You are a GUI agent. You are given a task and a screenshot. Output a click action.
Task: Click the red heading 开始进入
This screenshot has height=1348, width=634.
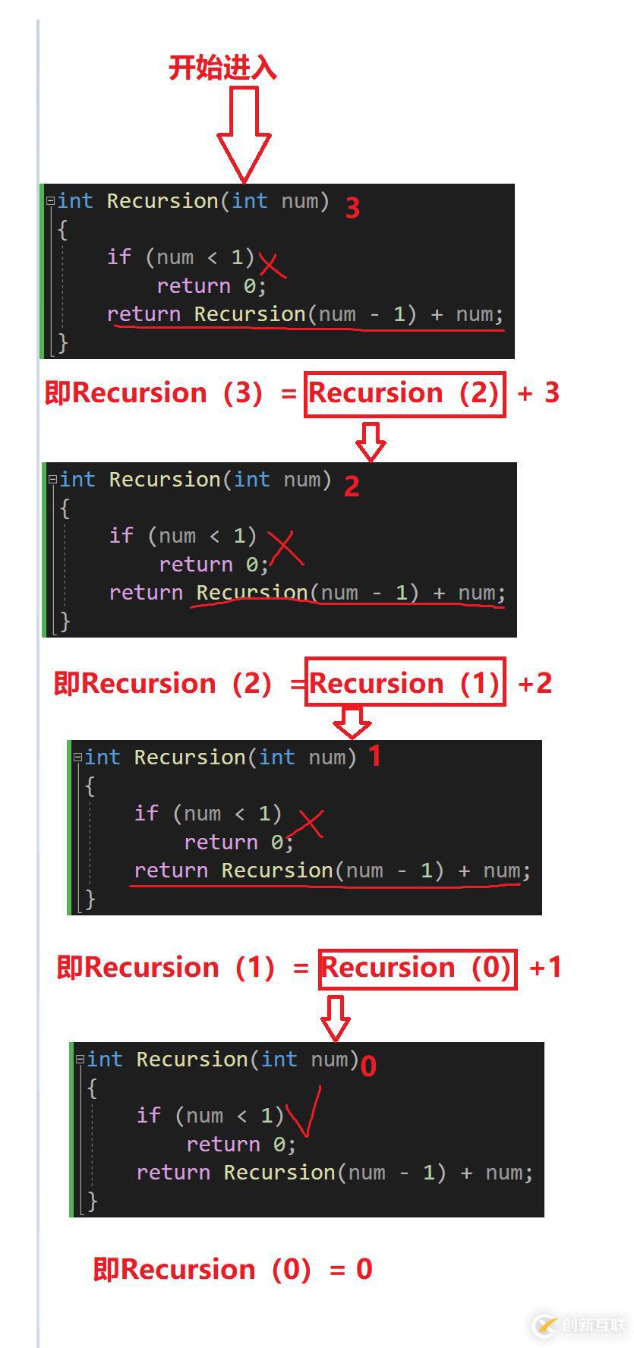(x=222, y=68)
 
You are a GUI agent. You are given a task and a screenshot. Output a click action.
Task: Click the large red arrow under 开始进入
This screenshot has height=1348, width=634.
(x=244, y=134)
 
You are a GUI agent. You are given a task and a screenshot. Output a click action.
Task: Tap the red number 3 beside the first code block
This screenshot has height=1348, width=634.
(x=352, y=207)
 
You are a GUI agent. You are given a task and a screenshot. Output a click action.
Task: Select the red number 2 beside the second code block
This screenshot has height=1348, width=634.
(x=351, y=486)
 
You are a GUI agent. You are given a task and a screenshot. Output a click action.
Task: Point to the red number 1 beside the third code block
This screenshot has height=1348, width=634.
(x=374, y=756)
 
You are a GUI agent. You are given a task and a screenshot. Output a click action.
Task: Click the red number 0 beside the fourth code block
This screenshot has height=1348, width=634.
(x=368, y=1066)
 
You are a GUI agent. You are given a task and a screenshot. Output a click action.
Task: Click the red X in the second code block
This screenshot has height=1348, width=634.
(x=285, y=549)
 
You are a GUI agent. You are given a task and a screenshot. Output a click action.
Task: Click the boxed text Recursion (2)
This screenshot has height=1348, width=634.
(x=405, y=393)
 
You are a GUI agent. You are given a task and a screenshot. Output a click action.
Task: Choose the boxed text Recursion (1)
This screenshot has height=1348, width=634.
(x=405, y=682)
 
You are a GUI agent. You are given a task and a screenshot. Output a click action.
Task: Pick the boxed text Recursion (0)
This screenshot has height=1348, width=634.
(x=418, y=968)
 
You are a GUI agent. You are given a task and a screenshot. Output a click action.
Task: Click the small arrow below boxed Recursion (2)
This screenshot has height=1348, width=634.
(x=371, y=442)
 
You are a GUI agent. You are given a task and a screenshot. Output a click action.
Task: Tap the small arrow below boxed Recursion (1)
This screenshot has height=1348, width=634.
(x=352, y=723)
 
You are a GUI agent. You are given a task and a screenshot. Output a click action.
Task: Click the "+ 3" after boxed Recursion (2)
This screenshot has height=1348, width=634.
(x=538, y=393)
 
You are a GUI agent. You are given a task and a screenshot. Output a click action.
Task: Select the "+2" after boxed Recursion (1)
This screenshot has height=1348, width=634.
(x=535, y=683)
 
